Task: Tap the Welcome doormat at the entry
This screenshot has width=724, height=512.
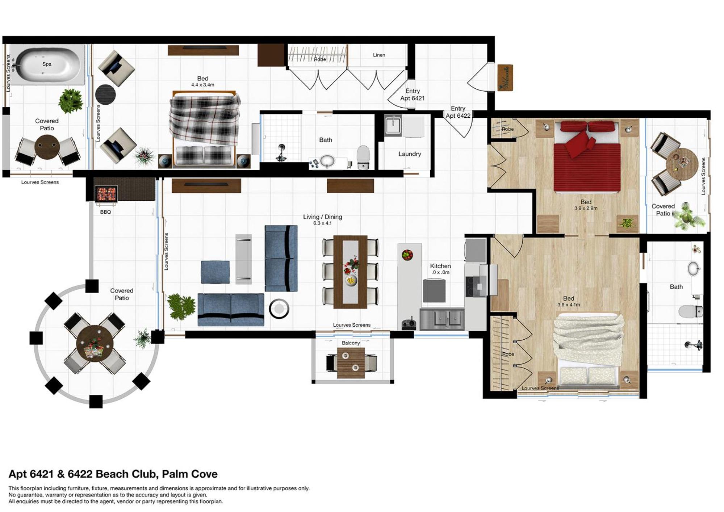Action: tap(505, 77)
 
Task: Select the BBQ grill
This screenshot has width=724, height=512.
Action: tap(106, 194)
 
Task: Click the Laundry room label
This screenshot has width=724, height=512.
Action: tap(410, 154)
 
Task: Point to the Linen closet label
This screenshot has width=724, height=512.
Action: tap(379, 55)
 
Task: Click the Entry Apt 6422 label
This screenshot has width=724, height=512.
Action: tap(458, 112)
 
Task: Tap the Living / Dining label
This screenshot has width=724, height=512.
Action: tap(322, 217)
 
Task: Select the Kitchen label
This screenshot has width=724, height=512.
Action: tap(440, 266)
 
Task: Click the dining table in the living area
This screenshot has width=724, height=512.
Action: tap(350, 272)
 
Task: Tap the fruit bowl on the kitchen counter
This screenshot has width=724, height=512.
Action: tap(407, 255)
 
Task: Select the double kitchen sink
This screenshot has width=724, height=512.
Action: tap(442, 319)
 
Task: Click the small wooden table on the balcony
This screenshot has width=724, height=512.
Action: tap(351, 363)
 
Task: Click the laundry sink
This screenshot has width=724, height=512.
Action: tap(393, 125)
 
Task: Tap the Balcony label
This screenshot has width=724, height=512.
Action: tap(351, 343)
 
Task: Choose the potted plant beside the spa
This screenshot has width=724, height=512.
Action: tap(71, 101)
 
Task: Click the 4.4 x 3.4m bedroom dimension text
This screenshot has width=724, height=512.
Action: tap(203, 85)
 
